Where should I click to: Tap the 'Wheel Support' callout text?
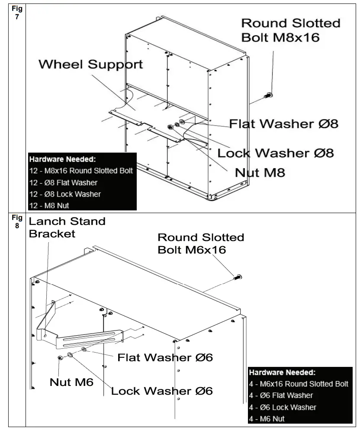pyautogui.click(x=90, y=65)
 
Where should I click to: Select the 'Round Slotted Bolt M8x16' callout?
pyautogui.click(x=290, y=30)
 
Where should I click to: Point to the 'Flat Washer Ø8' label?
pyautogui.click(x=283, y=124)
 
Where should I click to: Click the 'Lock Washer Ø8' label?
pyautogui.click(x=275, y=153)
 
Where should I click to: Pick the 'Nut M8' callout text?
pyautogui.click(x=260, y=172)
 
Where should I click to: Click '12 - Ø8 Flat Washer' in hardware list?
pyautogui.click(x=63, y=182)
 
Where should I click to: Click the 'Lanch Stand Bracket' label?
pyautogui.click(x=67, y=227)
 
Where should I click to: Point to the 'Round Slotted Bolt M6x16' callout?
pyautogui.click(x=200, y=243)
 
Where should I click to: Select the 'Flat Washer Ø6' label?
pyautogui.click(x=165, y=357)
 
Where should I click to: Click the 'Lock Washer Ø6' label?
pyautogui.click(x=162, y=391)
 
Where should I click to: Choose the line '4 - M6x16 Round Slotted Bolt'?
pyautogui.click(x=299, y=384)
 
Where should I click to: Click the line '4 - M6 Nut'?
pyautogui.click(x=267, y=418)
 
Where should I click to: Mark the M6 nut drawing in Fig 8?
pyautogui.click(x=60, y=357)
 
